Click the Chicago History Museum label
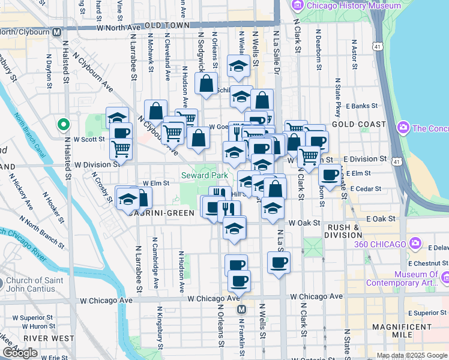[354, 5]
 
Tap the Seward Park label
[205, 175]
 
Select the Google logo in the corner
[20, 353]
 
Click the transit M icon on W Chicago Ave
[241, 309]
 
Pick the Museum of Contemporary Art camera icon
[445, 278]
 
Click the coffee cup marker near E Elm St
[329, 175]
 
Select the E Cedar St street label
[366, 189]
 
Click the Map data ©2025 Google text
[411, 355]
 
